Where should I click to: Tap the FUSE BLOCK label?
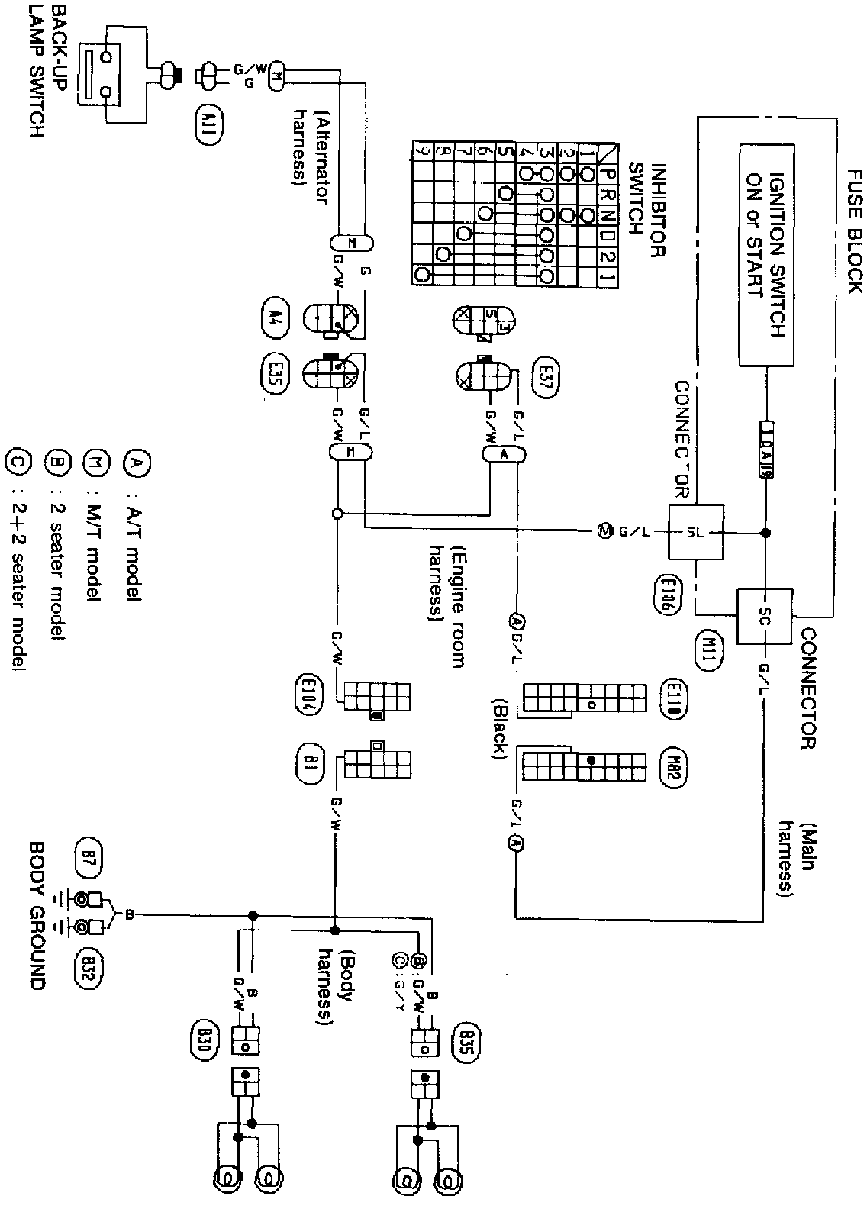coord(852,234)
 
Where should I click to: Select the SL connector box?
coord(697,532)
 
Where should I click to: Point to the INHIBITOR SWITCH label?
coord(644,210)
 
